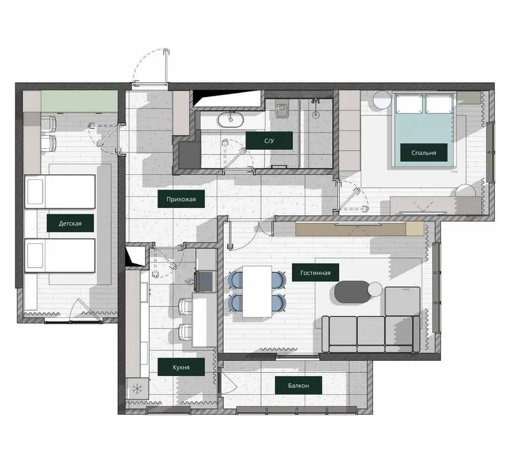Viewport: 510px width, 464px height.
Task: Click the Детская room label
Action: point(70,223)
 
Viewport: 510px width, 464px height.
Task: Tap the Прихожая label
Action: point(181,199)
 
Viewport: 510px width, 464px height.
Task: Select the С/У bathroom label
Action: point(269,140)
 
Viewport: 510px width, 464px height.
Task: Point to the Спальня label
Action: point(423,153)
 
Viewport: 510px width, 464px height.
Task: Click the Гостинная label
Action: point(316,273)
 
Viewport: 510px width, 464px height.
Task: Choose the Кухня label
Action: point(181,367)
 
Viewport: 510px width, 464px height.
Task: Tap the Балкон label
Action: point(298,385)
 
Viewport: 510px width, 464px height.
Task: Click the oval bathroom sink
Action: point(231,120)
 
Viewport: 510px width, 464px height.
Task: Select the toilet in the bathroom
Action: point(281,110)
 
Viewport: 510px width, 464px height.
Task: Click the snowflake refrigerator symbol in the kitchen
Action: point(137,388)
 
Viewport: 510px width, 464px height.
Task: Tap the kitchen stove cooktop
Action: point(205,281)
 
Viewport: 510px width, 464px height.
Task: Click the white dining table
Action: point(258,292)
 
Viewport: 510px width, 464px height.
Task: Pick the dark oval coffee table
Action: point(353,292)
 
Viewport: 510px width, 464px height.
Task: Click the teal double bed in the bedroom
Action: point(423,130)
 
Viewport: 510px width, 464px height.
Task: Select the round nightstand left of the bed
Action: point(382,100)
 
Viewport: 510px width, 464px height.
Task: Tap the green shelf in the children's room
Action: point(79,101)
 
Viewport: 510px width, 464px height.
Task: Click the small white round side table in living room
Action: point(375,289)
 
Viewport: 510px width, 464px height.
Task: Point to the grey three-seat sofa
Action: point(371,334)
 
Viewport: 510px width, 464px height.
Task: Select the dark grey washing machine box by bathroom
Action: point(190,155)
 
